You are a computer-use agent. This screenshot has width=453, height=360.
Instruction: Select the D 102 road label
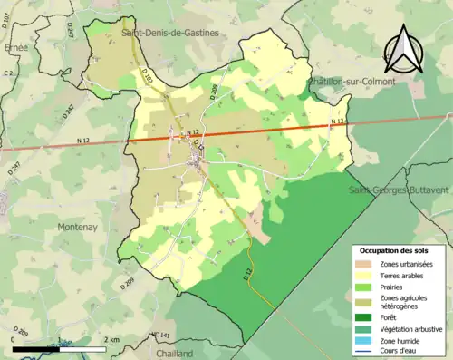149,82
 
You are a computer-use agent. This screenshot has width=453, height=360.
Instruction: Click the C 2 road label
9,73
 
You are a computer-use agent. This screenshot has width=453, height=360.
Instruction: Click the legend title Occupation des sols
395,249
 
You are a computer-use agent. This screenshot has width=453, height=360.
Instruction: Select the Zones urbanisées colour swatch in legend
367,263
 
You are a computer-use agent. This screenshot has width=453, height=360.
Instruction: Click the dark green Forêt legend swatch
367,317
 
